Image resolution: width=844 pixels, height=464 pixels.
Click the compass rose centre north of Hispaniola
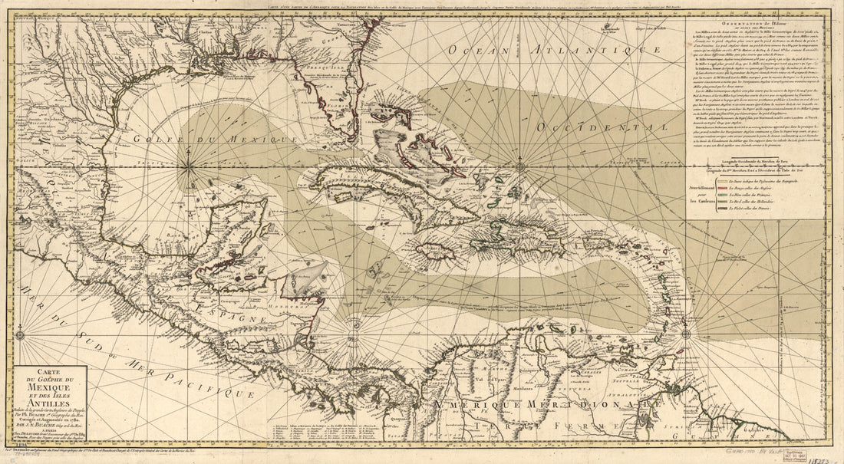520,164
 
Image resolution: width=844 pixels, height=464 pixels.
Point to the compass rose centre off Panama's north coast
355,323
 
